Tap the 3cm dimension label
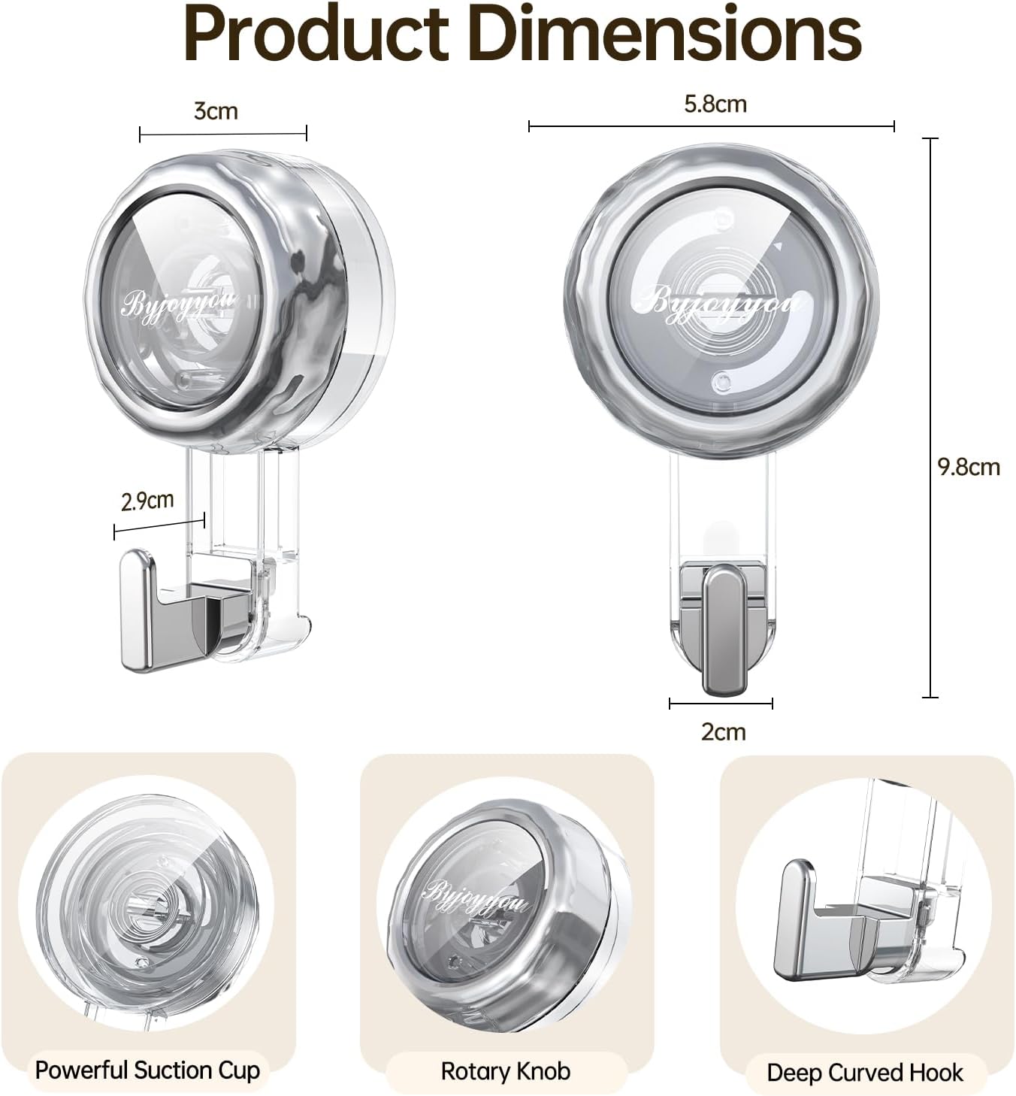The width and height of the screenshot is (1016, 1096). (216, 111)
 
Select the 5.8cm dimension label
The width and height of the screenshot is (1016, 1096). (715, 104)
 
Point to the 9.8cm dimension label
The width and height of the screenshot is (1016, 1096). (969, 467)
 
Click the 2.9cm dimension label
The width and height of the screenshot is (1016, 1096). (147, 500)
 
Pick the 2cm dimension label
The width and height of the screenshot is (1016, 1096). (723, 731)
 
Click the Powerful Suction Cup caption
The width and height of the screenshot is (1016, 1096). (147, 1070)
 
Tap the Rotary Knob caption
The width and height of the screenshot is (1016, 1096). (505, 1070)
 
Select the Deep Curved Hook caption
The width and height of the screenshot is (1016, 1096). (864, 1072)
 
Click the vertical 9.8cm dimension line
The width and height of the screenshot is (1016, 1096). (931, 418)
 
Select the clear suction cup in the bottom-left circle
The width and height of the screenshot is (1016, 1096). (143, 902)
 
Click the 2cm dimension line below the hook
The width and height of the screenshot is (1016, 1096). (721, 704)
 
